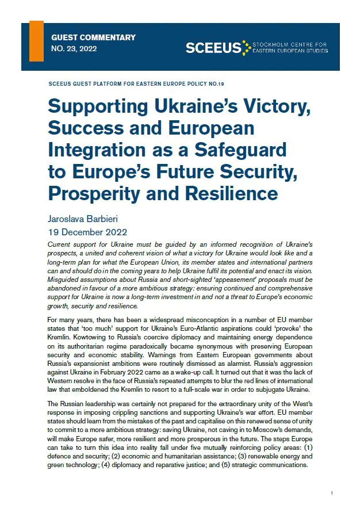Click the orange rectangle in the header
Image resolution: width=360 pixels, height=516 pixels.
pyautogui.click(x=36, y=40)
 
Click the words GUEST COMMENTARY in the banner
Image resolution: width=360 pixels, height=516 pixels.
pyautogui.click(x=93, y=37)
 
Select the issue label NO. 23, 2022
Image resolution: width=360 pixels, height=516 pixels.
pyautogui.click(x=74, y=48)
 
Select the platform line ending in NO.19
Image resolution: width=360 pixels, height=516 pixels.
pyautogui.click(x=136, y=84)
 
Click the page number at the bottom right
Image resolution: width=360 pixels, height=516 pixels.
pyautogui.click(x=332, y=494)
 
